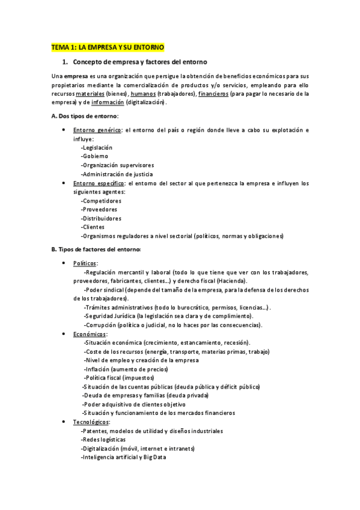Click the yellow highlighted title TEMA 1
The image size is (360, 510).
108,47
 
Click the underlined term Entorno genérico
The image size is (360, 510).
96,130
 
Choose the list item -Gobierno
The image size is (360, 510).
94,156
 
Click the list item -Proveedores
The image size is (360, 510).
100,209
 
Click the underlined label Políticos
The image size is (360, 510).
85,263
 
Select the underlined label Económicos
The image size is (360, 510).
90,334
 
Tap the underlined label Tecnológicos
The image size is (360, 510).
91,422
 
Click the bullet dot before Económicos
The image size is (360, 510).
64,334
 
